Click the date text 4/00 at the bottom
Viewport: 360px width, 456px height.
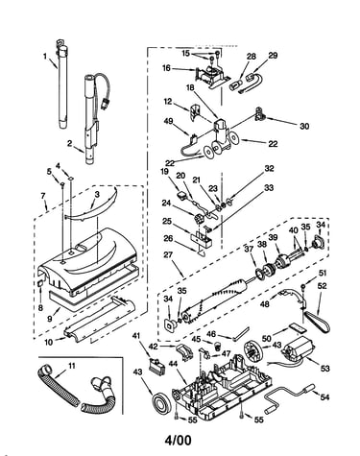[x=179, y=440]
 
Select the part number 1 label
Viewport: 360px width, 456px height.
[x=45, y=57]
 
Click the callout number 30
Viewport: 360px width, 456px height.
[x=304, y=127]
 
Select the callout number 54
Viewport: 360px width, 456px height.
[x=324, y=397]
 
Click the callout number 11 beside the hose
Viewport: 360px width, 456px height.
[x=72, y=366]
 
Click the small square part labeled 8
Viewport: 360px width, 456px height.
[x=40, y=283]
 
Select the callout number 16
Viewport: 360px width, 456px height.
[x=166, y=68]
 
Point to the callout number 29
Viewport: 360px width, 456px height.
[x=273, y=56]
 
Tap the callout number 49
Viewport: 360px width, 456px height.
[x=168, y=121]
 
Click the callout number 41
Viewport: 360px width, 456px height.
[x=136, y=335]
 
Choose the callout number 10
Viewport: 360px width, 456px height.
[x=49, y=342]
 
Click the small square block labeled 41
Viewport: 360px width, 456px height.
[x=158, y=366]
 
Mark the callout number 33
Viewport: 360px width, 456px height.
[x=269, y=187]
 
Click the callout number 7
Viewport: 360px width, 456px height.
[x=43, y=195]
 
